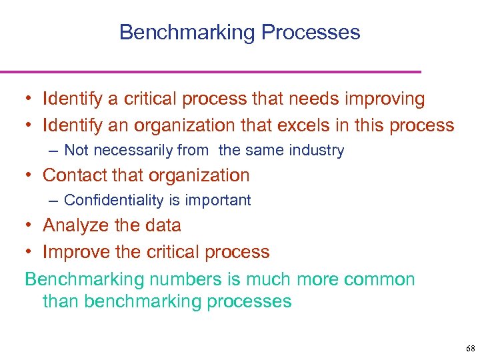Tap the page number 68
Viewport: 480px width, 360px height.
(x=471, y=349)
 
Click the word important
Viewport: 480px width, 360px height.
(x=219, y=201)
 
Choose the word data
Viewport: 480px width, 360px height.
(x=162, y=225)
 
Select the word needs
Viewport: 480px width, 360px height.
(x=316, y=100)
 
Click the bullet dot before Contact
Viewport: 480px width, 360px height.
(x=29, y=176)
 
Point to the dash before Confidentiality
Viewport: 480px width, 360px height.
(x=53, y=201)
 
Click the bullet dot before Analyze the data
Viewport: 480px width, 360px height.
(x=29, y=226)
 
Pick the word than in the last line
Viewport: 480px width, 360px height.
(x=61, y=301)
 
